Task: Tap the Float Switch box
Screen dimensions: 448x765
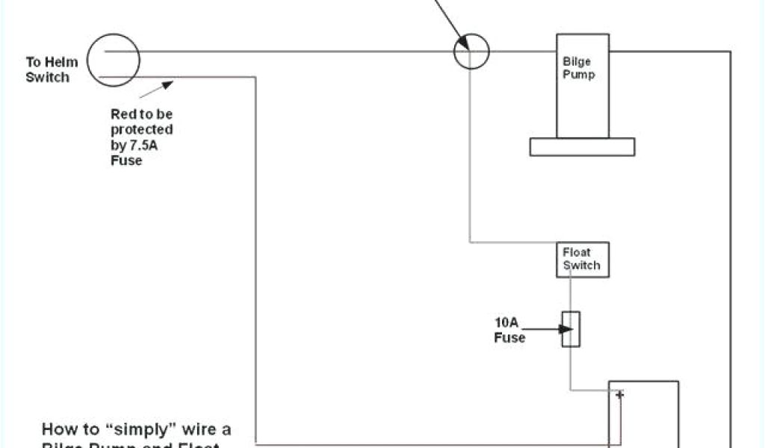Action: (582, 259)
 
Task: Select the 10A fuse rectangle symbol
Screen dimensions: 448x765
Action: (572, 329)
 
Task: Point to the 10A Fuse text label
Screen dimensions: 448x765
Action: (510, 330)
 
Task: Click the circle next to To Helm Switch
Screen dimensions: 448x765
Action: (114, 58)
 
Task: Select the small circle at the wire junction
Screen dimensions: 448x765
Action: (471, 52)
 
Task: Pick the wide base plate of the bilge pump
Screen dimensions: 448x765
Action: (582, 147)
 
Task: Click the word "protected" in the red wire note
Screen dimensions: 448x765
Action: (142, 130)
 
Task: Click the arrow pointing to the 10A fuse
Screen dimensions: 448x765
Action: (553, 327)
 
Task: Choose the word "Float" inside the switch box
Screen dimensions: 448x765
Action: (577, 252)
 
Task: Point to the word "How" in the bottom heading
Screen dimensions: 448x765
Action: (58, 429)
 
